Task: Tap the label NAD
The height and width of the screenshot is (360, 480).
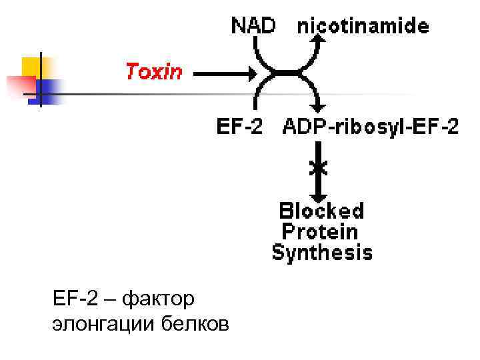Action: click(253, 26)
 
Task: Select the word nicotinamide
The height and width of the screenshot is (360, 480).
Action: click(363, 27)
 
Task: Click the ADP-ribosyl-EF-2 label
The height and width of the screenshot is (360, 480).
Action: click(371, 127)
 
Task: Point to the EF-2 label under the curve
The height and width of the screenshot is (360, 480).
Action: click(239, 127)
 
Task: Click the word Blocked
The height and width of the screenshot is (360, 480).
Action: click(321, 211)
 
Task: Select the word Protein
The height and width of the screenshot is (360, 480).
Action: click(320, 232)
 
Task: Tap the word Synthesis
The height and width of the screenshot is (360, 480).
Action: click(322, 253)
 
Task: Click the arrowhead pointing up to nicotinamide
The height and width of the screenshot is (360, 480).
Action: click(320, 39)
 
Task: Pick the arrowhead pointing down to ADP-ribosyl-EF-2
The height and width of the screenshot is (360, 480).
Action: click(320, 107)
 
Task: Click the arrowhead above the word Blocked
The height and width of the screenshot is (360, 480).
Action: click(320, 194)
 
